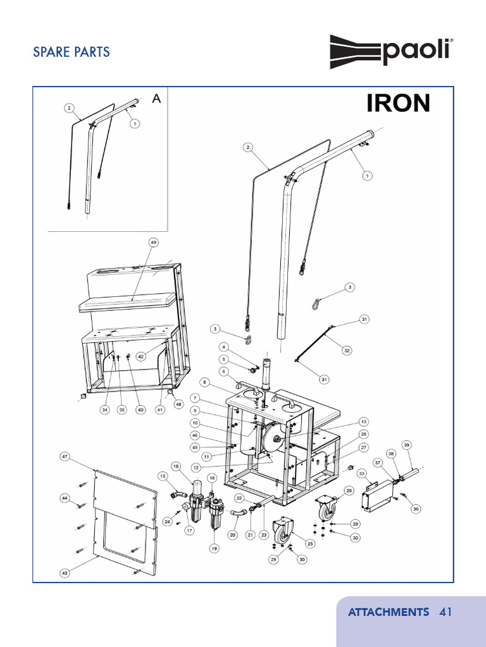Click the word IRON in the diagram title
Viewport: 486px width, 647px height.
398,103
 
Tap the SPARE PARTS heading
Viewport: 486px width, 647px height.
72,52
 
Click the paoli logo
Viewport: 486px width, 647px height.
391,52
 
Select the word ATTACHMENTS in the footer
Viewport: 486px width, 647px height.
388,612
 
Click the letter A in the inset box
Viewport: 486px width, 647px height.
156,99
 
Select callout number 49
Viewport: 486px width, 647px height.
153,243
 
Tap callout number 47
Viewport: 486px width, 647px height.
64,456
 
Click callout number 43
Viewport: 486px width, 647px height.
64,572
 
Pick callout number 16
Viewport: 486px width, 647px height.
176,466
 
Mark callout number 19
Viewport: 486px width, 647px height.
215,548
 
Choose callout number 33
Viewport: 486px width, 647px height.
362,473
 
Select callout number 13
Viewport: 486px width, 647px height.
363,421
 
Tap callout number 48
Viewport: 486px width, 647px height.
178,404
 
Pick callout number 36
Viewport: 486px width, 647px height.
416,509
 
